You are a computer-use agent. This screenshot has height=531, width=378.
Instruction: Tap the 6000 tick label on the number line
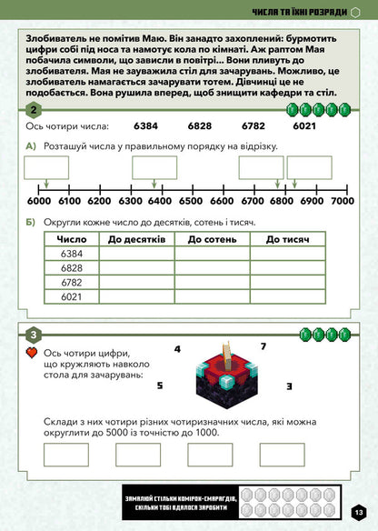39,202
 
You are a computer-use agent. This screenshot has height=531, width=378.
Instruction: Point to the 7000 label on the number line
342,202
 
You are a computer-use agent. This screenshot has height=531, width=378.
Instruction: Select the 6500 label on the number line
191,202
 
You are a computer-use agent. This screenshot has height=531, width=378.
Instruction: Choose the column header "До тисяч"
289,239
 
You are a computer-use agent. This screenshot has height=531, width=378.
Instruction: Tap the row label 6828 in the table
72,268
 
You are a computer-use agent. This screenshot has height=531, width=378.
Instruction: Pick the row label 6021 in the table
72,296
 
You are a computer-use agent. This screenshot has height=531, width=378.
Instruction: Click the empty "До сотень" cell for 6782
212,282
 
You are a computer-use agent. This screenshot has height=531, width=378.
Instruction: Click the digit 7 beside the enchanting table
263,346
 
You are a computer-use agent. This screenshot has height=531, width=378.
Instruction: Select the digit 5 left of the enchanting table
159,386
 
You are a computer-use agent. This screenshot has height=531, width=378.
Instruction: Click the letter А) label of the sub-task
32,146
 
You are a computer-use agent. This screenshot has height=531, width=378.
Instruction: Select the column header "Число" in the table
72,239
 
